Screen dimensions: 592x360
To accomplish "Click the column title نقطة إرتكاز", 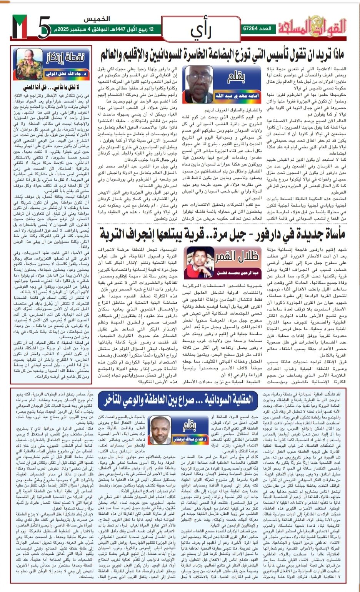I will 65,58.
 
